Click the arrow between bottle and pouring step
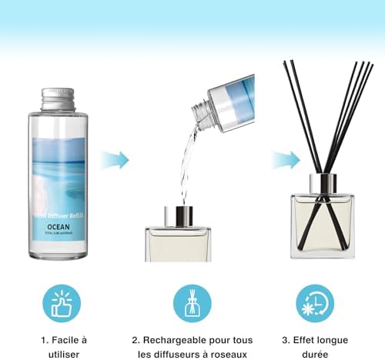[116, 160]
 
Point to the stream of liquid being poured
[186, 162]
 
